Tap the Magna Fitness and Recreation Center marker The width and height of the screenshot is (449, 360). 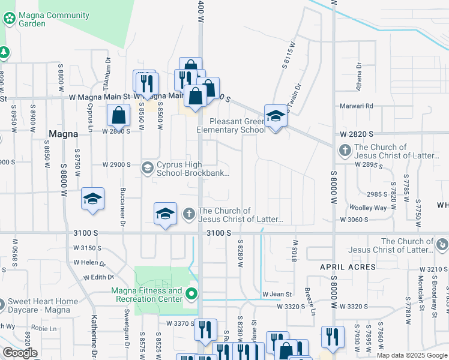pyautogui.click(x=191, y=294)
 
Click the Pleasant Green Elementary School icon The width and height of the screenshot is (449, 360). pyautogui.click(x=276, y=116)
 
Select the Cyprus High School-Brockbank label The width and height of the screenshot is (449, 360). pyautogui.click(x=192, y=169)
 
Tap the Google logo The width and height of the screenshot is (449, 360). pyautogui.click(x=20, y=353)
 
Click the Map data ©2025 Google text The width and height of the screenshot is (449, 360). pyautogui.click(x=412, y=356)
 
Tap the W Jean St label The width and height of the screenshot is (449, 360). pyautogui.click(x=277, y=295)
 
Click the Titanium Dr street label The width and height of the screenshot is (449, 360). pyautogui.click(x=108, y=73)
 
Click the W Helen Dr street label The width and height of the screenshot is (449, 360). pyautogui.click(x=89, y=263)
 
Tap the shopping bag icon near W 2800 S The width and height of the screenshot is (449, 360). pyautogui.click(x=119, y=115)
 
